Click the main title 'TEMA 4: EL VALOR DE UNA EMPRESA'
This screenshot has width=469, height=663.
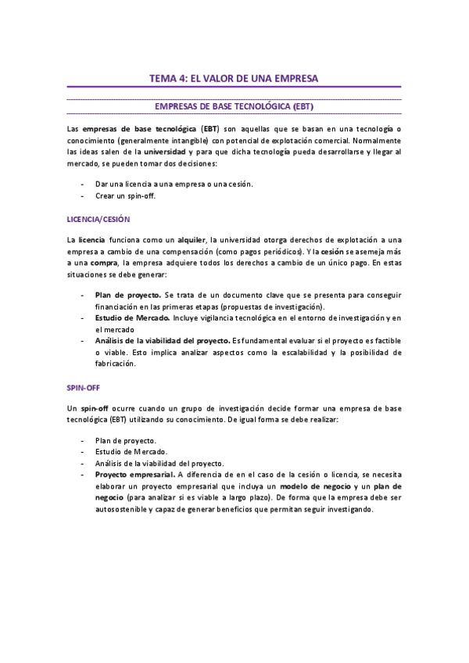coord(234,78)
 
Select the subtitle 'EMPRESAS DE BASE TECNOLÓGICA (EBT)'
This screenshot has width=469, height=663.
coord(234,106)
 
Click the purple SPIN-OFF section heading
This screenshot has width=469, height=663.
coord(84,387)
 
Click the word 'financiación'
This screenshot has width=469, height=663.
coord(118,307)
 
